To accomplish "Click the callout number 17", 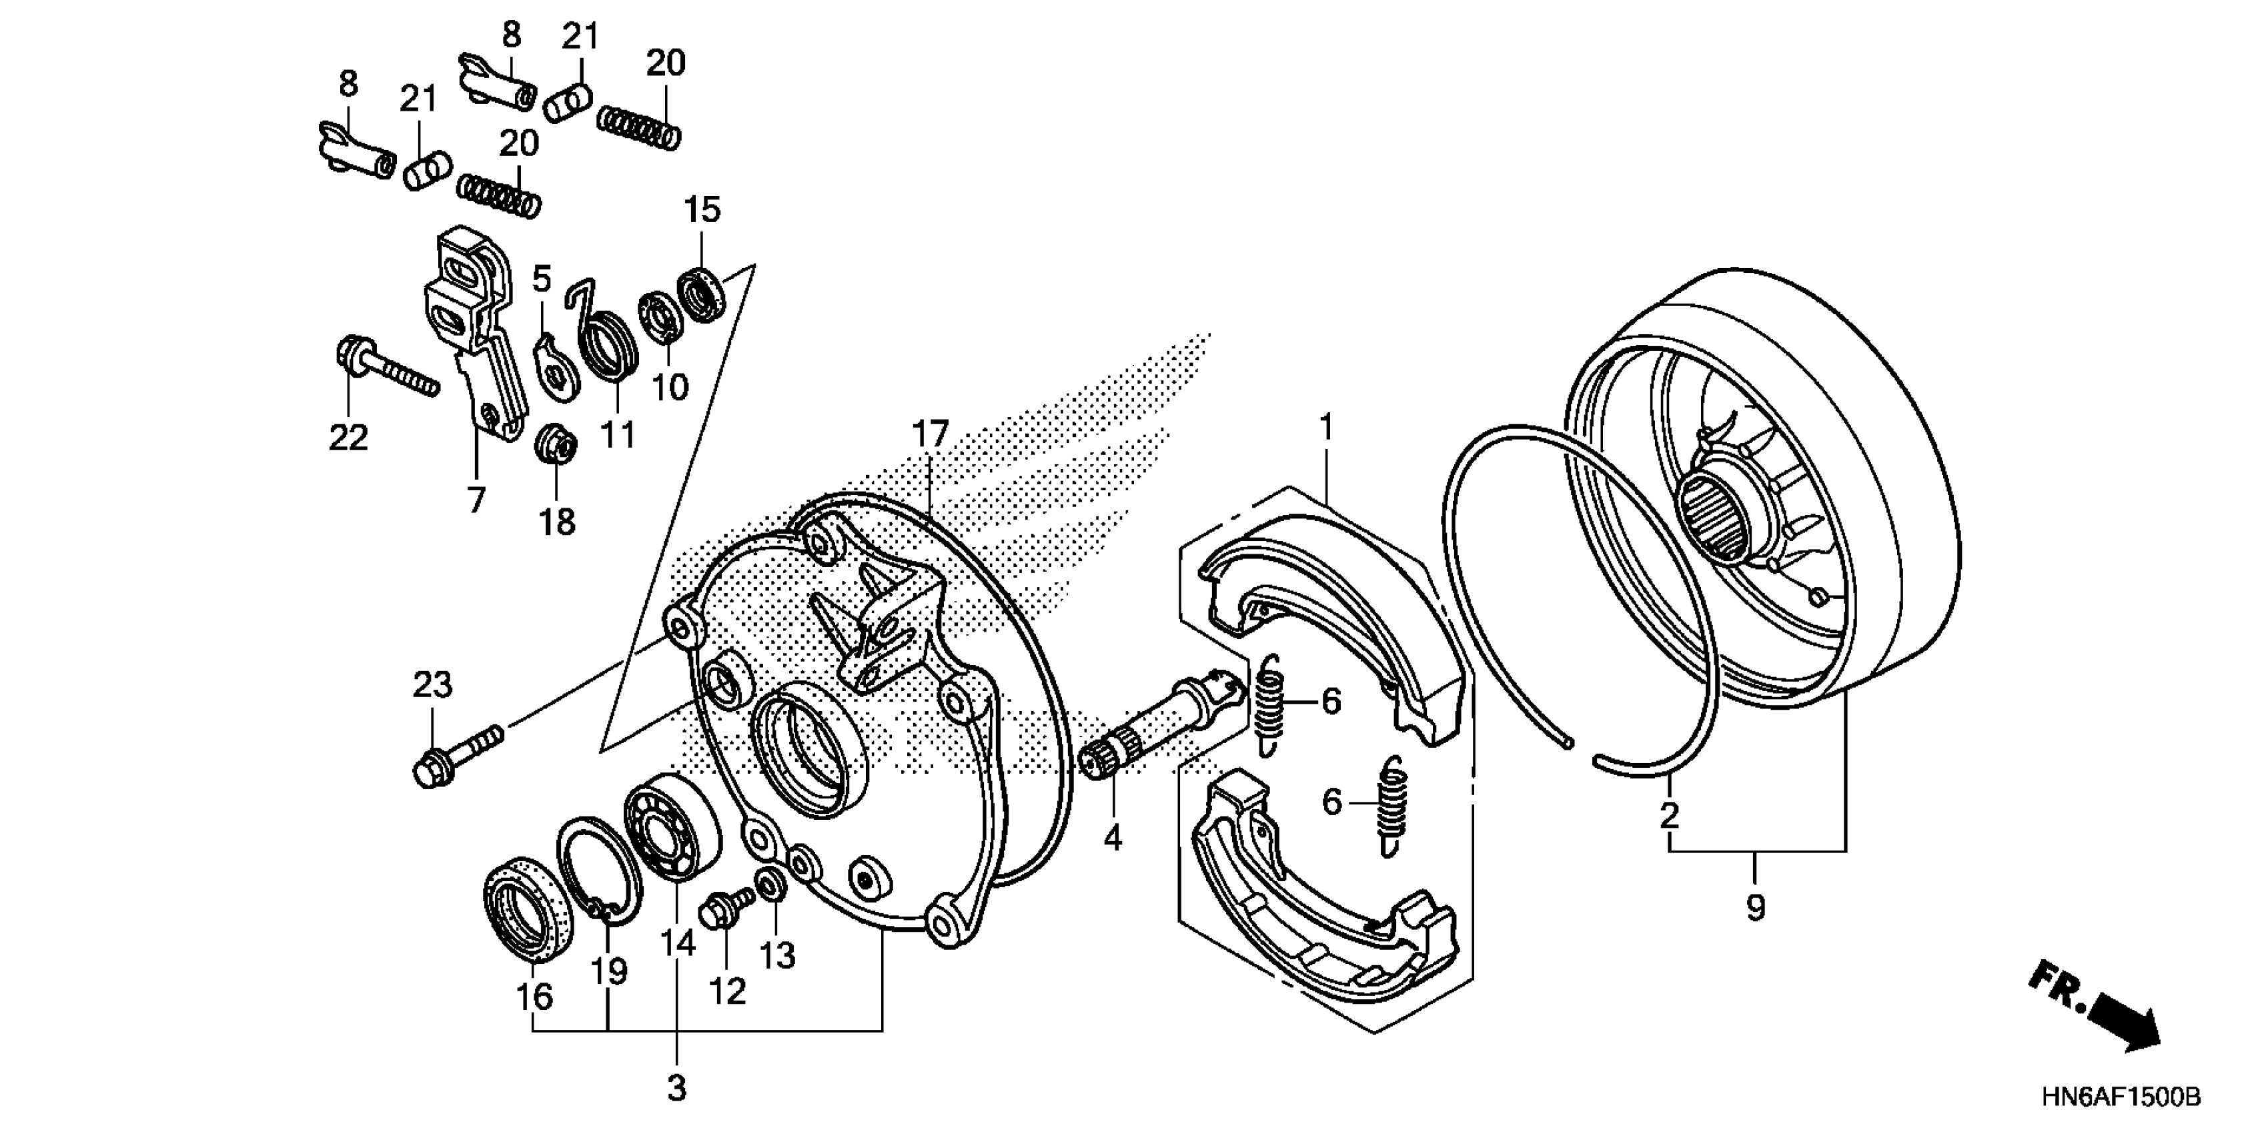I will (930, 435).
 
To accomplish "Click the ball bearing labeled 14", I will (672, 825).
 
